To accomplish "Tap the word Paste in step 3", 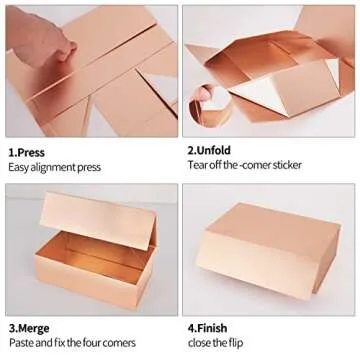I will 22,343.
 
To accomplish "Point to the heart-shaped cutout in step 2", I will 214,100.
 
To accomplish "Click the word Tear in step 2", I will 197,165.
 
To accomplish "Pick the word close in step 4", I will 200,343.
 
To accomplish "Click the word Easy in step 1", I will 19,165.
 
